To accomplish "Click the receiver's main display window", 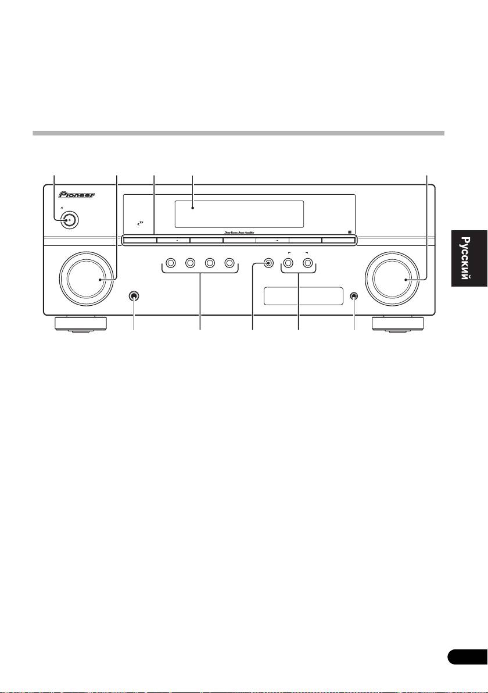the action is click(x=238, y=215).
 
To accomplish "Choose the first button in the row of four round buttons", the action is click(x=170, y=263).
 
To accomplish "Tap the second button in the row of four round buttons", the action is click(x=189, y=263).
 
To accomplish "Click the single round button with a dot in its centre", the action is click(x=269, y=263).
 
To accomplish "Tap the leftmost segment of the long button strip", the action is click(x=140, y=239).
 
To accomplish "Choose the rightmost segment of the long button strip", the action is click(x=338, y=239).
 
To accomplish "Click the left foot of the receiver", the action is click(x=81, y=323).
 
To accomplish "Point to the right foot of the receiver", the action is click(x=397, y=323).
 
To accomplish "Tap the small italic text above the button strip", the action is click(x=244, y=232).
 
